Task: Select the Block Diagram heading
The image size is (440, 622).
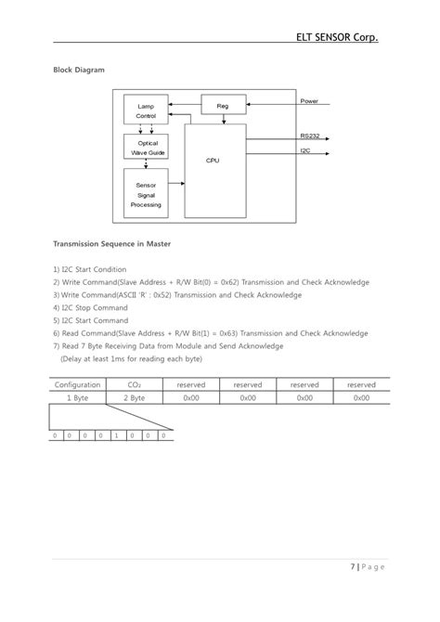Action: tap(78, 70)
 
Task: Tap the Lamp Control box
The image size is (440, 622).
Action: tap(146, 110)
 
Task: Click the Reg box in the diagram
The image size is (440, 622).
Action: tap(223, 106)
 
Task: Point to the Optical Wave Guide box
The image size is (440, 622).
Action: tap(147, 148)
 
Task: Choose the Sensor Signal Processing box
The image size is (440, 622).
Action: tap(146, 195)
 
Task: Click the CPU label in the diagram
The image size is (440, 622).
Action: tap(212, 161)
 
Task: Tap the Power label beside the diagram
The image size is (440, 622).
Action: tap(309, 100)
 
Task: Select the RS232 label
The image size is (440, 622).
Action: tap(310, 136)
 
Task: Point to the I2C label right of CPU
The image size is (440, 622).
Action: tap(305, 150)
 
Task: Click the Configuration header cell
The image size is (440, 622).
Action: tap(77, 383)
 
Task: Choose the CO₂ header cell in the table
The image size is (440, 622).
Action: tap(135, 383)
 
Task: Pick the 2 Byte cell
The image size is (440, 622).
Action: tap(135, 396)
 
